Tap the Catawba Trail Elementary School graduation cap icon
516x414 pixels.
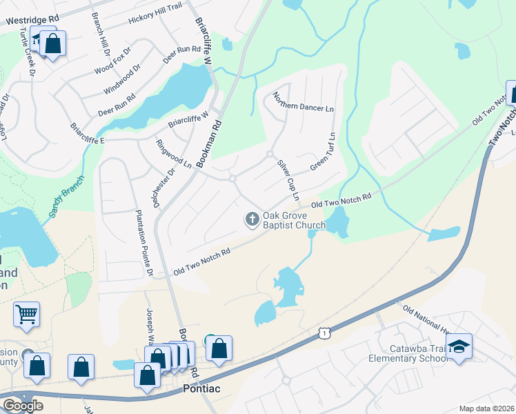tap(458, 346)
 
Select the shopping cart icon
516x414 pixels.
tap(27, 315)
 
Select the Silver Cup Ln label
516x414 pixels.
tap(288, 180)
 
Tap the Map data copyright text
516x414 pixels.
tap(487, 409)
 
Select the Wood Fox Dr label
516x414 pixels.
tap(112, 61)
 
